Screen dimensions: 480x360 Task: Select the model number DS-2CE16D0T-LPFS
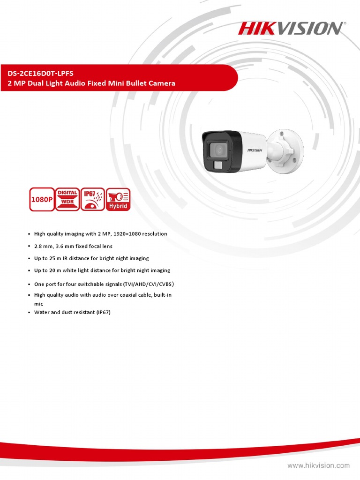coord(40,74)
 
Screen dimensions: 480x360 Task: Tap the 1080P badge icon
coord(41,199)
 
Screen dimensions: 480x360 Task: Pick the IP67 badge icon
coord(92,199)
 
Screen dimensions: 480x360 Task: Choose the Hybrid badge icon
coord(118,199)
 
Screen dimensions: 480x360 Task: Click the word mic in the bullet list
coord(39,304)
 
